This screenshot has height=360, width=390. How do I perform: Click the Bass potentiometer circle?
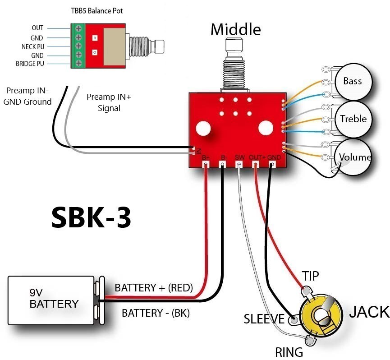(353, 81)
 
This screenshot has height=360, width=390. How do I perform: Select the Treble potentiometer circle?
(353, 119)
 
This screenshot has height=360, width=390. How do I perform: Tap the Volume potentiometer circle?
(354, 157)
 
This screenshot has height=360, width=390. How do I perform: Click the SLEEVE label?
(264, 319)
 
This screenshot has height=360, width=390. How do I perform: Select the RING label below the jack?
(289, 351)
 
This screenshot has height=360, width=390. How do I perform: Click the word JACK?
(369, 311)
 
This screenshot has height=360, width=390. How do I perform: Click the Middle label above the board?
(235, 30)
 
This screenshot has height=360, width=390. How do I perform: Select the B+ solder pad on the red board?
(206, 165)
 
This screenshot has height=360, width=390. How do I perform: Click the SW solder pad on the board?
(239, 165)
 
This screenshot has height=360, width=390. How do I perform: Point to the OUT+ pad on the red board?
(256, 165)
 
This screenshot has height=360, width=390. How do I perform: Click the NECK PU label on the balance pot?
(32, 46)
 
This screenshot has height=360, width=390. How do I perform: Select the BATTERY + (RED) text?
(154, 287)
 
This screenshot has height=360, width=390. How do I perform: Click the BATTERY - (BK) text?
(156, 312)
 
